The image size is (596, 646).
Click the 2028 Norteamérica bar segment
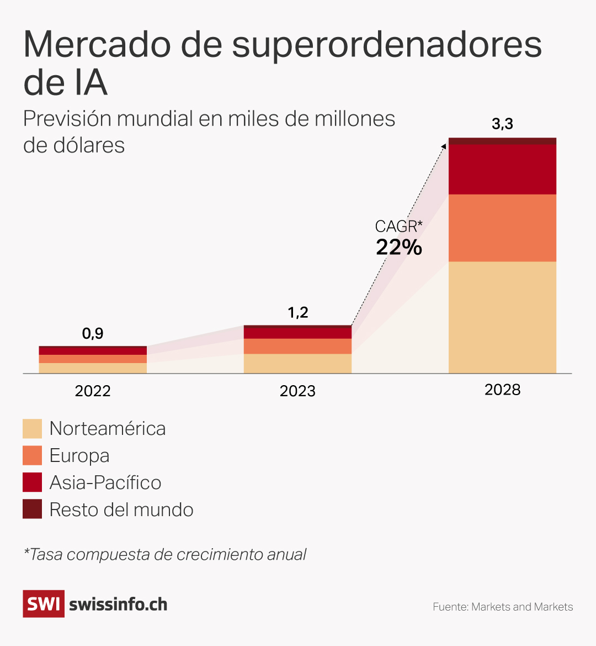pyautogui.click(x=502, y=317)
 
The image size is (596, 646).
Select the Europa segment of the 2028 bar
pyautogui.click(x=502, y=228)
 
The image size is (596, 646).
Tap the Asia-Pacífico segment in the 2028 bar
pyautogui.click(x=502, y=169)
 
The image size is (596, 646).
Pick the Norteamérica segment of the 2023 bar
pyautogui.click(x=297, y=364)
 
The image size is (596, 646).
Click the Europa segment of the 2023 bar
pyautogui.click(x=297, y=346)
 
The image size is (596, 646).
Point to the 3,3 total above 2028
pyautogui.click(x=502, y=124)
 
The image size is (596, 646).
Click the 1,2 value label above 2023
pyautogui.click(x=298, y=313)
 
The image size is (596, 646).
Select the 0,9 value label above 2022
pyautogui.click(x=93, y=334)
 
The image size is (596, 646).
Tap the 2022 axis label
pyautogui.click(x=93, y=391)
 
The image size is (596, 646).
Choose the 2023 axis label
pyautogui.click(x=297, y=391)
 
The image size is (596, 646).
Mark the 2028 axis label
pyautogui.click(x=502, y=390)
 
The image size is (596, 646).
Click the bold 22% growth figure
pyautogui.click(x=399, y=247)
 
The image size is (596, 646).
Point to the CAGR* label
pyautogui.click(x=398, y=227)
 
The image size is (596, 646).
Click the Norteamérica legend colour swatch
pyautogui.click(x=32, y=429)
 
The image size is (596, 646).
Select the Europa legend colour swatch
pyautogui.click(x=32, y=455)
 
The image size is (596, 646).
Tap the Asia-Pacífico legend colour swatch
pyautogui.click(x=32, y=482)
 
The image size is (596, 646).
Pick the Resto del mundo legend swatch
pyautogui.click(x=32, y=510)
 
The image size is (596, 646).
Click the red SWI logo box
pyautogui.click(x=43, y=603)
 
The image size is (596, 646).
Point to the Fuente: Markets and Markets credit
pyautogui.click(x=503, y=607)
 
